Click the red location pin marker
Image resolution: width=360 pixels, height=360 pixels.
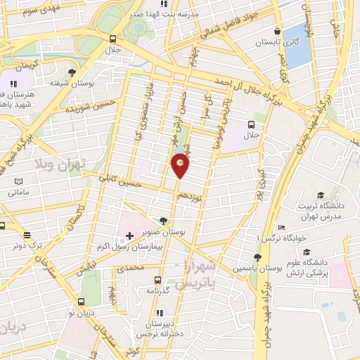(181, 165)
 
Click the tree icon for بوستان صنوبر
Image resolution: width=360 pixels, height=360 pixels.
(164, 220)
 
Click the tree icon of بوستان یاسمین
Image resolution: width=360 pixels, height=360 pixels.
(257, 258)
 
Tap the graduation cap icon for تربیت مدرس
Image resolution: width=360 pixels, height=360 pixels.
(321, 195)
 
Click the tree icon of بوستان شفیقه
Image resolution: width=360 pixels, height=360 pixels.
(72, 72)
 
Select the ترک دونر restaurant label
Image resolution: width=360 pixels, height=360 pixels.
(27, 246)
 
